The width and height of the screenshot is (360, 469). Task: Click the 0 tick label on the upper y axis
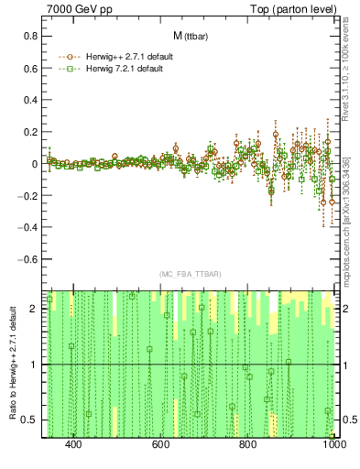coord(34,164)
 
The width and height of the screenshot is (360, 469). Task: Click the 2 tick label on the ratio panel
coord(34,310)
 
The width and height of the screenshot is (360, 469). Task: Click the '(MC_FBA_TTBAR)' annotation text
coord(190,274)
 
